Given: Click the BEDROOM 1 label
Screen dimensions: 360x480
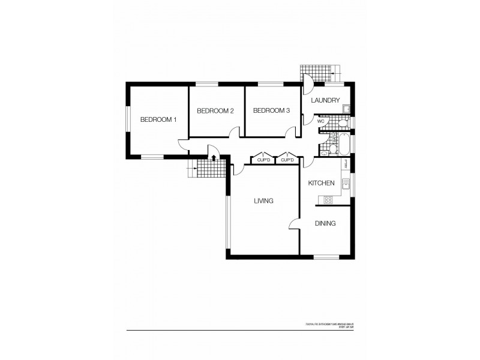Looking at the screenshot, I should (x=158, y=119).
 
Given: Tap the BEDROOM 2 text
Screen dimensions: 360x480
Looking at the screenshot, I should (x=215, y=110).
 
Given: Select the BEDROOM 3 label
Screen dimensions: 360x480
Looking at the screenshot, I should (x=271, y=110).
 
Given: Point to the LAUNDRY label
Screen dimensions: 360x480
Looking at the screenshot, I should (x=326, y=100).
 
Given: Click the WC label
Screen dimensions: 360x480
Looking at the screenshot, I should (x=320, y=121).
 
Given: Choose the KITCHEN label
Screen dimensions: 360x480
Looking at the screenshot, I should (x=321, y=182).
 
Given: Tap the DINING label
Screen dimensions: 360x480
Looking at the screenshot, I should (x=325, y=223).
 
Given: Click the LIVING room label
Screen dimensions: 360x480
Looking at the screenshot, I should (x=263, y=201).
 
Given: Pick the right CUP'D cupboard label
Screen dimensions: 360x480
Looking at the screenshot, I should (x=287, y=160).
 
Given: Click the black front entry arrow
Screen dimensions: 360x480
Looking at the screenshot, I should (x=214, y=158).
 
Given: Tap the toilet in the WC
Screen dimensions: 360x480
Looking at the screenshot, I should (x=341, y=122).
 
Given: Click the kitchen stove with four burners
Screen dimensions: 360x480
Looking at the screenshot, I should (x=328, y=199).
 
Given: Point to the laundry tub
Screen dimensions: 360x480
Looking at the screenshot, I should (x=347, y=108).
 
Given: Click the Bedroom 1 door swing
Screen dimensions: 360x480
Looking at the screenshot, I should (x=182, y=145).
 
